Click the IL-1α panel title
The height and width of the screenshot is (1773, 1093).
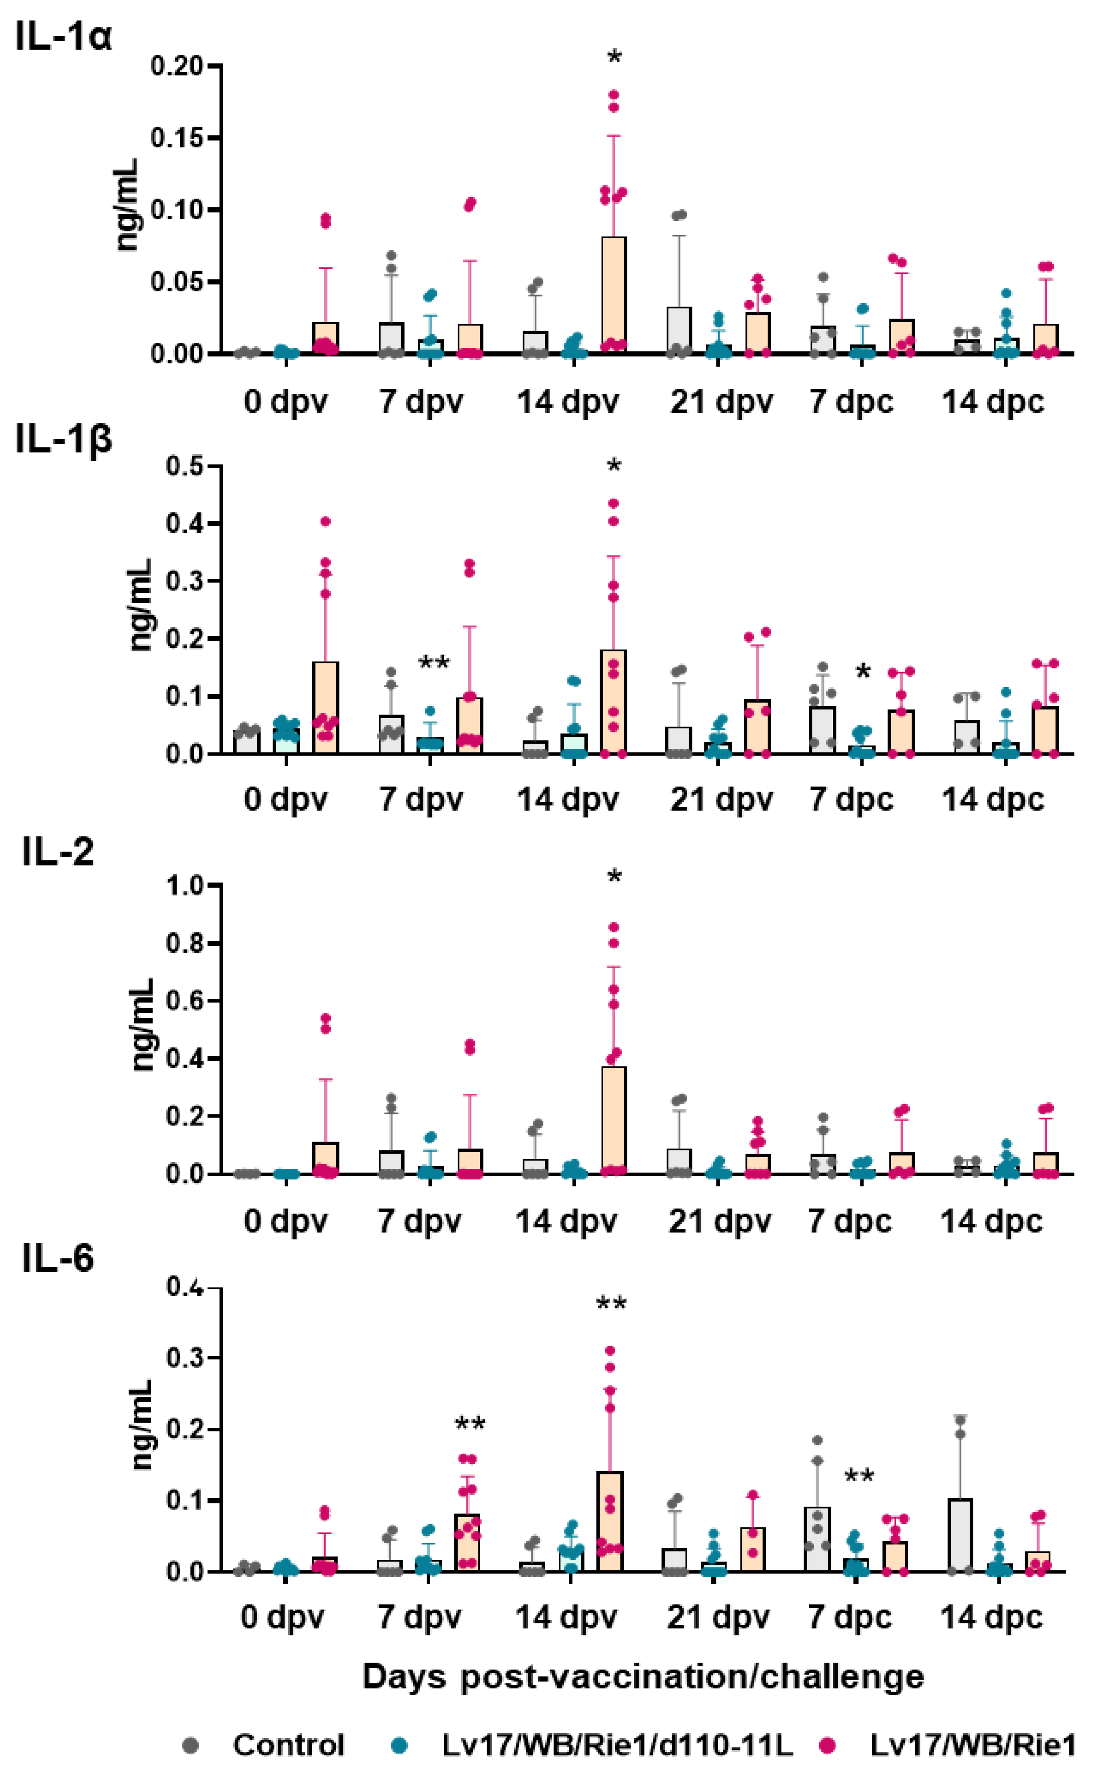coord(63,36)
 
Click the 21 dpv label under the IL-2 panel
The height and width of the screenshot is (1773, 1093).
coord(719,1222)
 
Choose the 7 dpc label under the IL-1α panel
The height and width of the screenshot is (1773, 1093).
coord(851,402)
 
